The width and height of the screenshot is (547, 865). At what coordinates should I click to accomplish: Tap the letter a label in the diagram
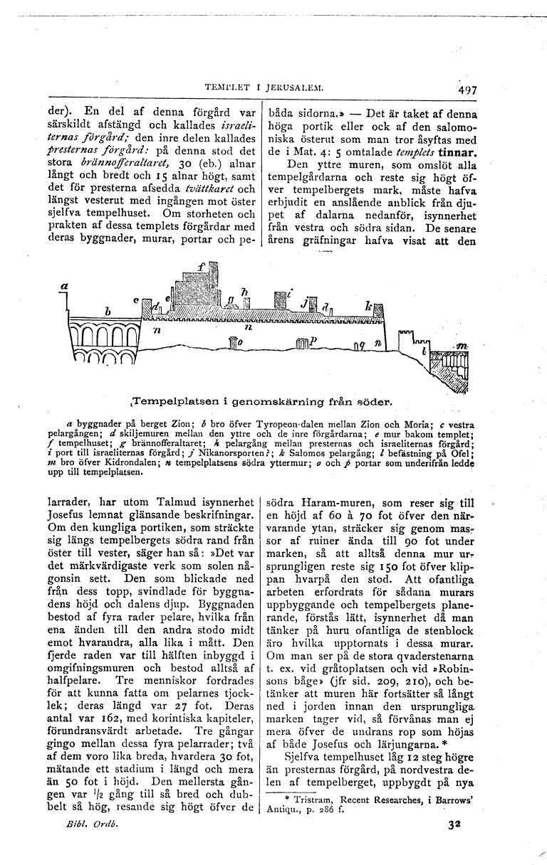[x=63, y=283]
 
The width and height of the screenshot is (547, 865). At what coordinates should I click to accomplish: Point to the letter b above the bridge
[x=108, y=311]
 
